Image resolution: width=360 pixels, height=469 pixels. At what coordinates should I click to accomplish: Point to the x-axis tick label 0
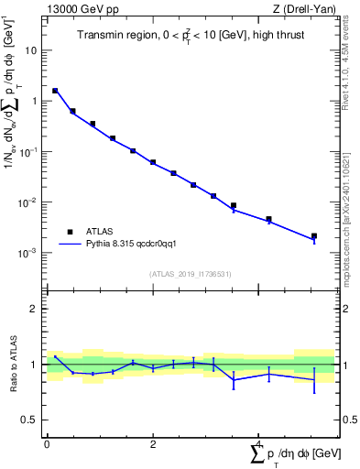47,444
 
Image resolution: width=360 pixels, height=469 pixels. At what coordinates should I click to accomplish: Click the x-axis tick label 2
153,444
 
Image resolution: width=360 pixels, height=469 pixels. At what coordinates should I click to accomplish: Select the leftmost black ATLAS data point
55,91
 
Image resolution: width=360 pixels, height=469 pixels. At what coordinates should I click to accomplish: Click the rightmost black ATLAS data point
314,236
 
